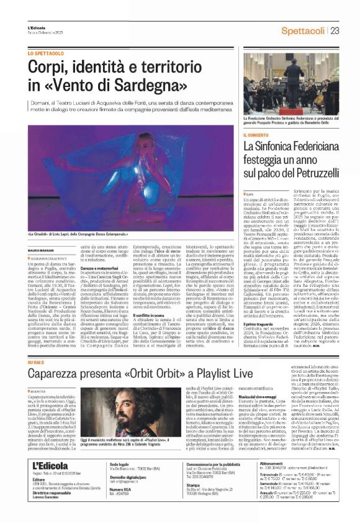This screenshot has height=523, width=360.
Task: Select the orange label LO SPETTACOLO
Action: click(x=44, y=54)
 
